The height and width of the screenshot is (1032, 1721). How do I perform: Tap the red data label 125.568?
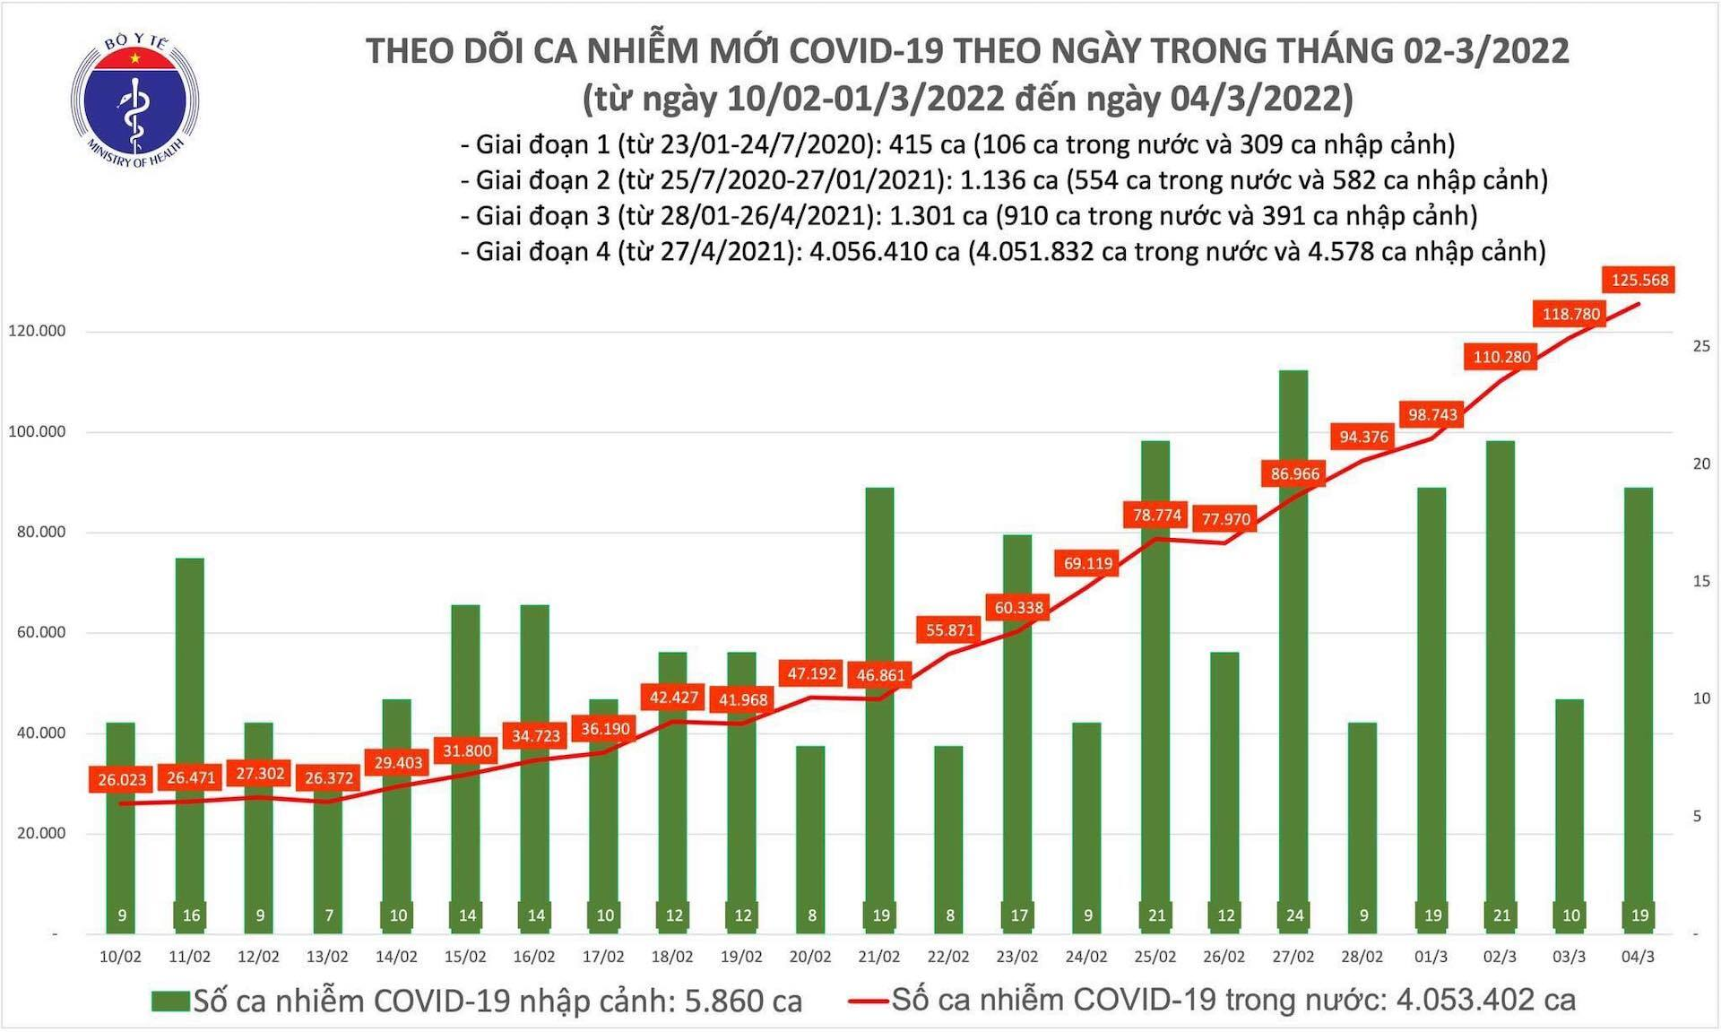click(x=1639, y=281)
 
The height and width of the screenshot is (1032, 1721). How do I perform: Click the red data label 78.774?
click(x=1156, y=516)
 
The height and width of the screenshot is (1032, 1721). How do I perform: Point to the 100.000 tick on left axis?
click(x=37, y=431)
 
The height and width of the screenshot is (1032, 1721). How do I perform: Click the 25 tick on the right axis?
click(x=1700, y=346)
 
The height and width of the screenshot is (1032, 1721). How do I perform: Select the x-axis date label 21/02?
click(x=878, y=957)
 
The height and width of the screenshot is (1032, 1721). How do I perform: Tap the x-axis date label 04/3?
click(x=1638, y=957)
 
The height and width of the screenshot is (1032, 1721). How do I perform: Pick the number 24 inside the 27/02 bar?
click(x=1294, y=915)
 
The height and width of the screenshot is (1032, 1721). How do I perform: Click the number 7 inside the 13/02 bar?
click(x=329, y=915)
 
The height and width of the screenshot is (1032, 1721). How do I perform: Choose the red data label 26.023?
click(x=122, y=780)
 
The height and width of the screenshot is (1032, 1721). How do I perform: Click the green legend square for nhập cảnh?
click(x=169, y=1001)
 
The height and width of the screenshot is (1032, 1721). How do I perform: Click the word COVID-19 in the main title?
click(x=859, y=51)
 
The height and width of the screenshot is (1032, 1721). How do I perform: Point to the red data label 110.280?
click(x=1501, y=357)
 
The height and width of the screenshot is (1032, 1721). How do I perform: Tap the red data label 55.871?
click(x=949, y=630)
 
